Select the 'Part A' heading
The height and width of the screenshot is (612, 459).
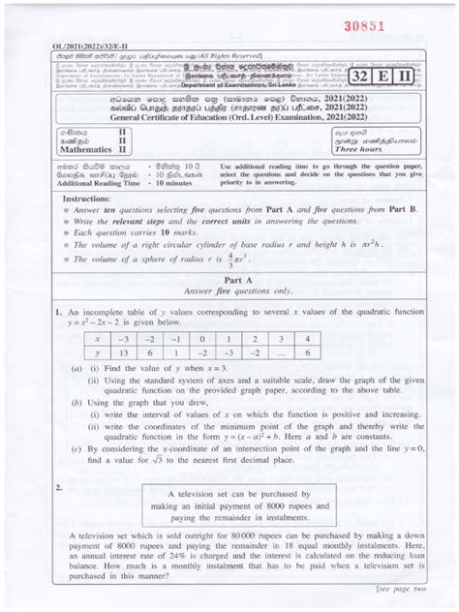pos(229,305)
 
